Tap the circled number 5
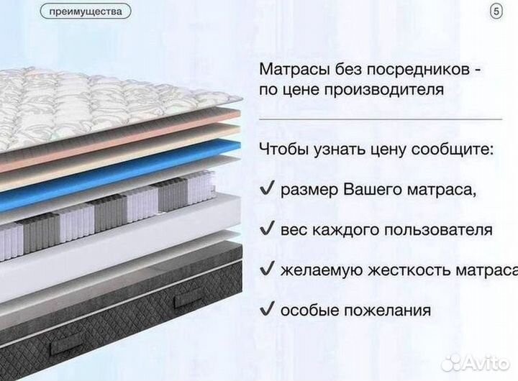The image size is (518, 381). [x=496, y=12]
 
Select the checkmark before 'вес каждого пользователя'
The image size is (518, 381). [x=265, y=230]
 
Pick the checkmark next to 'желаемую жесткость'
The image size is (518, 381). [x=265, y=270]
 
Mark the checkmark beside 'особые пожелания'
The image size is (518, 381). [x=265, y=310]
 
